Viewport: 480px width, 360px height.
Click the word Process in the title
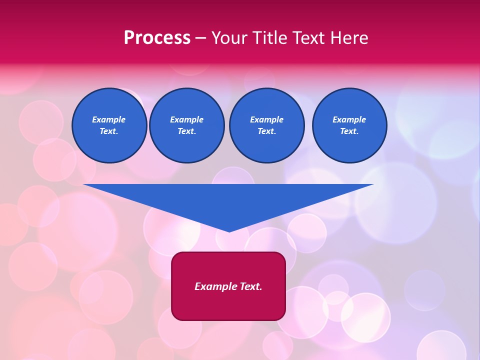[157, 38]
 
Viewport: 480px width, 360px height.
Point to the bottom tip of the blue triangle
[229, 231]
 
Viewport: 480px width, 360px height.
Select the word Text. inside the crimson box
[251, 286]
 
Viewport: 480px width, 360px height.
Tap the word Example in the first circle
[109, 119]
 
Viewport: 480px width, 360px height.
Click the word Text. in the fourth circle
[349, 131]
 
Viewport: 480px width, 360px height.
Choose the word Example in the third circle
[266, 119]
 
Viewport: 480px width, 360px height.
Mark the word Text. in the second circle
[186, 131]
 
